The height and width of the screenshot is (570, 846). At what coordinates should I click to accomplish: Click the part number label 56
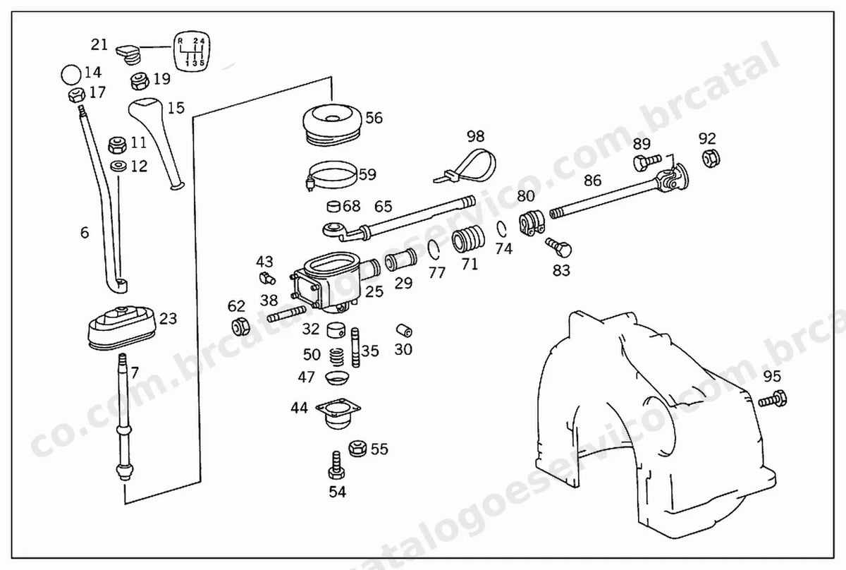click(x=374, y=118)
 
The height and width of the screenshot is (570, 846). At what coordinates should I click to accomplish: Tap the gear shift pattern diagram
click(x=192, y=51)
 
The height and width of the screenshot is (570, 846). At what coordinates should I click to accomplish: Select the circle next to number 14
click(x=71, y=75)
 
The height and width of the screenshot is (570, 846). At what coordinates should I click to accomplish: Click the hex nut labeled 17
click(x=77, y=95)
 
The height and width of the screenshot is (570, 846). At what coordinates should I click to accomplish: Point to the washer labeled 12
click(x=118, y=166)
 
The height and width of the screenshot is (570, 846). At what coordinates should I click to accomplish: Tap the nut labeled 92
click(x=711, y=159)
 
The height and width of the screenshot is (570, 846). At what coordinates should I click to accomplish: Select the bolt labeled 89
click(x=647, y=162)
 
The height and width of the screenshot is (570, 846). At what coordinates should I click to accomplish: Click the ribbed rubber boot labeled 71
click(x=468, y=239)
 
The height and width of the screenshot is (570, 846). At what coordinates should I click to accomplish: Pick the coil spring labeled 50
click(x=337, y=357)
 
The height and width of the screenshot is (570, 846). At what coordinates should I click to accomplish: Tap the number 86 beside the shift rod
click(x=592, y=181)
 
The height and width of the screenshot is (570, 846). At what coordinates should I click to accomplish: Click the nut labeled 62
click(x=240, y=326)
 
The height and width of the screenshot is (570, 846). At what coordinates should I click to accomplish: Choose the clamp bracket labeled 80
click(x=532, y=224)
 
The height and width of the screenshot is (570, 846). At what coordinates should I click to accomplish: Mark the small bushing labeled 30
click(x=404, y=330)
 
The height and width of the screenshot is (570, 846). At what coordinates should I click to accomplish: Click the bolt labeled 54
click(x=336, y=466)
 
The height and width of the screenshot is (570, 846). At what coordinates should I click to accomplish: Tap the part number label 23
click(x=168, y=319)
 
